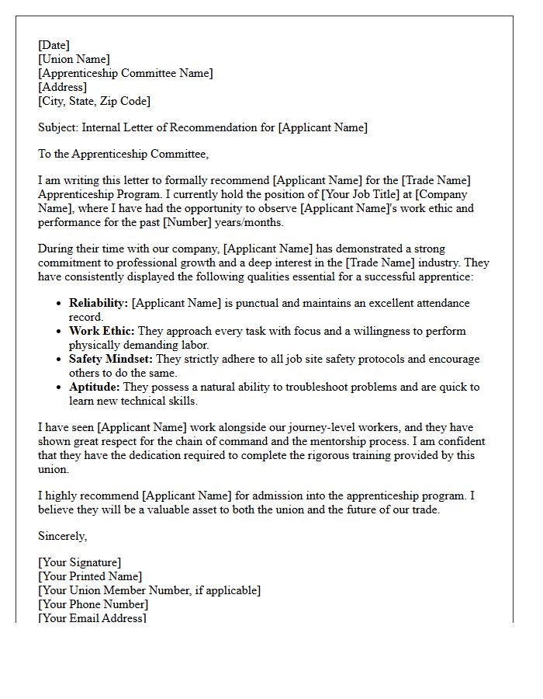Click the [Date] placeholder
point(54,45)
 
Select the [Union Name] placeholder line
point(74,59)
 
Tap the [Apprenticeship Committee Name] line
point(125,73)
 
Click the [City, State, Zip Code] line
point(94,101)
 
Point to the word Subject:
point(58,127)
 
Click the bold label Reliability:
point(99,303)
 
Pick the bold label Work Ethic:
point(102,331)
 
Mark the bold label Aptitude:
point(95,387)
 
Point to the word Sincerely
point(63,536)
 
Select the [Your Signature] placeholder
point(79,562)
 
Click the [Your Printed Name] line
point(90,576)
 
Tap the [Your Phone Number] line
point(93,604)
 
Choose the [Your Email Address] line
point(92,618)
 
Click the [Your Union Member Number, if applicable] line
point(149,590)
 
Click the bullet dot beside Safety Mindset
point(59,360)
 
